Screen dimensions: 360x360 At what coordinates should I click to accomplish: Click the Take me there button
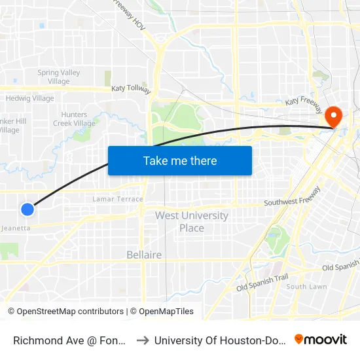tap(180, 160)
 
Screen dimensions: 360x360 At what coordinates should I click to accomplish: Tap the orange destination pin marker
tap(334, 117)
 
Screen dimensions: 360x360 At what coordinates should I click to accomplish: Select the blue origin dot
tap(27, 209)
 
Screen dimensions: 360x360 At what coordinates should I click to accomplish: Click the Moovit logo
tap(321, 339)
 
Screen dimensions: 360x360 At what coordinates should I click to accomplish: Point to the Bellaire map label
tap(144, 255)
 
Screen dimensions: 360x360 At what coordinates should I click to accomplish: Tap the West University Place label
tap(192, 222)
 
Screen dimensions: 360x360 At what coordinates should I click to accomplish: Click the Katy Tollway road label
tap(131, 89)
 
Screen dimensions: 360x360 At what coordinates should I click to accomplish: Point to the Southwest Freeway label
tap(293, 197)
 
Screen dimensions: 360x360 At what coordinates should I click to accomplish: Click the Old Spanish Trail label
tap(262, 283)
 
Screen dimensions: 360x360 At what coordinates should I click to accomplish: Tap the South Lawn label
tap(306, 287)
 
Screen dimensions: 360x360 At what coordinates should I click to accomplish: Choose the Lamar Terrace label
tap(118, 199)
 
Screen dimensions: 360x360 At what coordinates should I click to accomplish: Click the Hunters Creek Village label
tap(74, 118)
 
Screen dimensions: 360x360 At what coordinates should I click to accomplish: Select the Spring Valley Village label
tap(58, 77)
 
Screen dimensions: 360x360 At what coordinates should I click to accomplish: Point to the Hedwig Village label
tap(29, 98)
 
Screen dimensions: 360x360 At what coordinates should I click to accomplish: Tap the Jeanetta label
tap(16, 228)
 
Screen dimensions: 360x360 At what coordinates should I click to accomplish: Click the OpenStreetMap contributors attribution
tap(65, 312)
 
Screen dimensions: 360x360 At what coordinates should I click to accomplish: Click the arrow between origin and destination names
tap(143, 339)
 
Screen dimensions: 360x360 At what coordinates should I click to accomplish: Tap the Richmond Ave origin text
tap(69, 339)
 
